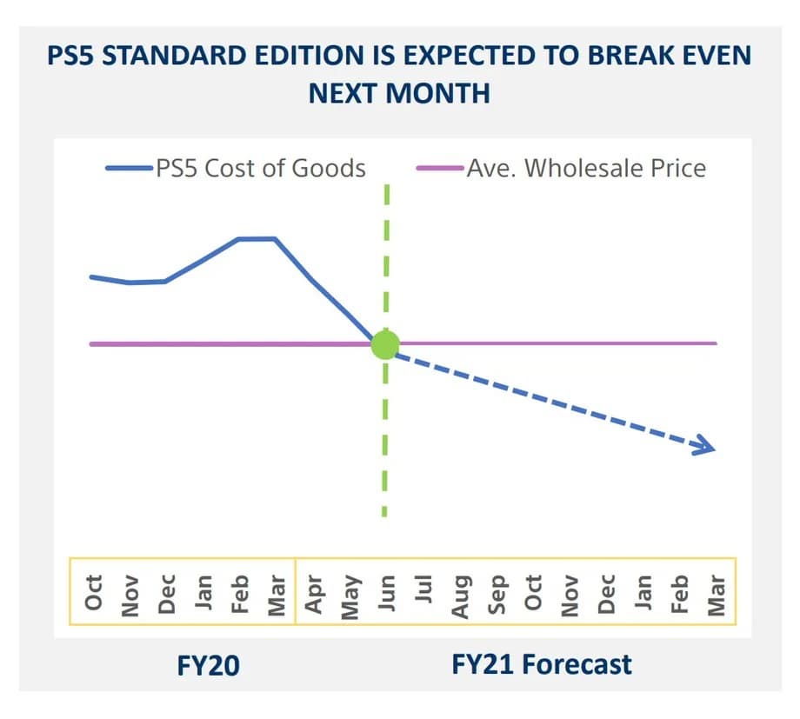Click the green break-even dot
[x=384, y=344]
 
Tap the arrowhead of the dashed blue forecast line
[x=706, y=448]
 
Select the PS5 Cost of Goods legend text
[x=261, y=168]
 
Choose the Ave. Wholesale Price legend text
[x=586, y=168]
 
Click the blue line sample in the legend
[x=130, y=168]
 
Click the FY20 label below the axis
[x=209, y=666]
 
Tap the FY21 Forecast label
[x=541, y=665]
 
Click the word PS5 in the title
[x=72, y=57]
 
